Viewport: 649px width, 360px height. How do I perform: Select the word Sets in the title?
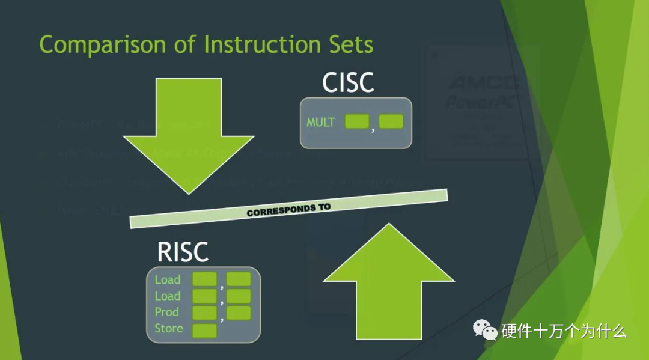tap(351, 45)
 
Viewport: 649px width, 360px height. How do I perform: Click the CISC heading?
tap(348, 83)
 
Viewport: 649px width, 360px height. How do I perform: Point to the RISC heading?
tap(183, 252)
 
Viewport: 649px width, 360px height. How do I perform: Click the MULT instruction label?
tap(320, 123)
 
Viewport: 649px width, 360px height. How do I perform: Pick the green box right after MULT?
tap(356, 122)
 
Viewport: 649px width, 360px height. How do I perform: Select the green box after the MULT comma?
tap(391, 122)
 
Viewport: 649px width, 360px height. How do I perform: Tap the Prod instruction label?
tap(166, 312)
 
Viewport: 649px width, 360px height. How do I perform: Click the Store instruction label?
tap(169, 329)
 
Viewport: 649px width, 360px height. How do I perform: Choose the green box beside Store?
tap(204, 330)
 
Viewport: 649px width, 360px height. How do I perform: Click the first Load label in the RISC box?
tap(168, 279)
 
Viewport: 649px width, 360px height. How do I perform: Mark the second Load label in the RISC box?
tap(168, 296)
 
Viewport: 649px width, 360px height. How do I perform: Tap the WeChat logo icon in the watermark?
tap(486, 329)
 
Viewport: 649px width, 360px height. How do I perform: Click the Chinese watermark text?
tap(564, 330)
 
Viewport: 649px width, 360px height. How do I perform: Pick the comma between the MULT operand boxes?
tap(373, 127)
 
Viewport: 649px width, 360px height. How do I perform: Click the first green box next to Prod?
tap(204, 313)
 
